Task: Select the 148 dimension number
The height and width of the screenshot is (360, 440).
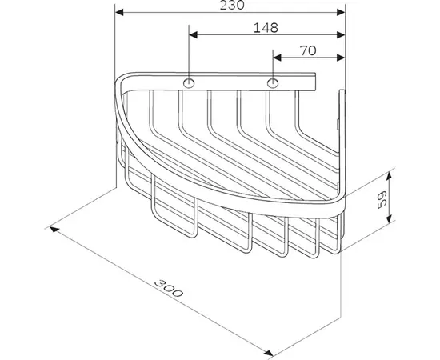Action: (x=266, y=28)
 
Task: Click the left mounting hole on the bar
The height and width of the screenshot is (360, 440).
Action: (x=189, y=83)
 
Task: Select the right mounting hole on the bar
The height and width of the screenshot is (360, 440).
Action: (x=274, y=83)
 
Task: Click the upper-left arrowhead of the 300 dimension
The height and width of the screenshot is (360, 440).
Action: (x=57, y=229)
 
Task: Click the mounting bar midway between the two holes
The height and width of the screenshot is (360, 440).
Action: (x=231, y=83)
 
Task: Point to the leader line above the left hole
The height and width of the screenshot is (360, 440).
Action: (x=189, y=56)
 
